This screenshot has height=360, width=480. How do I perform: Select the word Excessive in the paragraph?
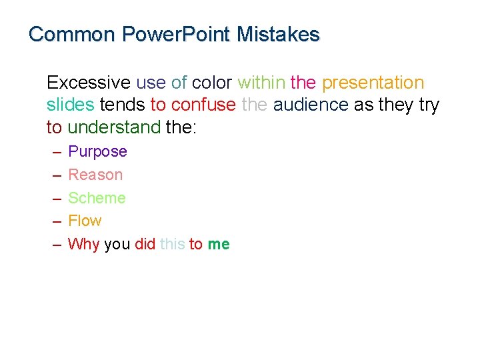pyautogui.click(x=89, y=83)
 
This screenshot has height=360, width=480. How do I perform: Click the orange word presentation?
pyautogui.click(x=373, y=83)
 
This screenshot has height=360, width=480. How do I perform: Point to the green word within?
pyautogui.click(x=261, y=83)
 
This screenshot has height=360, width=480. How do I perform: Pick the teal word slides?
pyautogui.click(x=70, y=105)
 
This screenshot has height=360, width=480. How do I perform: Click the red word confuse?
pyautogui.click(x=203, y=105)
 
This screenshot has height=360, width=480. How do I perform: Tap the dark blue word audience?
pyautogui.click(x=311, y=105)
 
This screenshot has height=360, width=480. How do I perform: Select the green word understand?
pyautogui.click(x=114, y=127)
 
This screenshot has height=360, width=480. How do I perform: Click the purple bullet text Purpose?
pyautogui.click(x=97, y=152)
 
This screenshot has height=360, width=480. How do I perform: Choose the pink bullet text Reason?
pyautogui.click(x=95, y=175)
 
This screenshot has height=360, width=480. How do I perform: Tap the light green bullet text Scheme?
pyautogui.click(x=97, y=198)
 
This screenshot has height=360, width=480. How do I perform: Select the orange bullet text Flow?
pyautogui.click(x=85, y=221)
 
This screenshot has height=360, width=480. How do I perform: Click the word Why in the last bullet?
pyautogui.click(x=83, y=244)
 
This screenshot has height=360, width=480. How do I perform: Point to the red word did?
pyautogui.click(x=145, y=244)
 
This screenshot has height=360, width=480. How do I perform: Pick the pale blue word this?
pyautogui.click(x=172, y=244)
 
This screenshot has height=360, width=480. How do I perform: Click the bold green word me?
pyautogui.click(x=218, y=245)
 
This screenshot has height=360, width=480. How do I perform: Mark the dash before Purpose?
pyautogui.click(x=57, y=152)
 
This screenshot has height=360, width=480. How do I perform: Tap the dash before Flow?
pyautogui.click(x=57, y=221)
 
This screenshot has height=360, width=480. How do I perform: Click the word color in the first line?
pyautogui.click(x=211, y=83)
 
